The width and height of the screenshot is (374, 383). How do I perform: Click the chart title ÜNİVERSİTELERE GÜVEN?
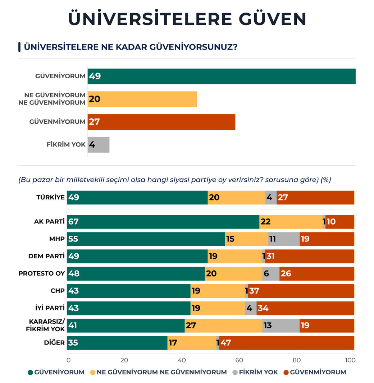click(187, 19)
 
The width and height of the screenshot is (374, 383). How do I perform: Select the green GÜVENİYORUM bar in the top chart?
click(221, 76)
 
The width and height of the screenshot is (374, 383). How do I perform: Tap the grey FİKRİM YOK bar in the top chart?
click(99, 145)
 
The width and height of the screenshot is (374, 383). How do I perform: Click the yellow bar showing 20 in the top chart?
click(142, 99)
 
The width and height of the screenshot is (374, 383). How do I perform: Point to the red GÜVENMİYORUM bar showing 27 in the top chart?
click(161, 122)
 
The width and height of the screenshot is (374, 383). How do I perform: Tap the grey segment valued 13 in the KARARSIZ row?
click(280, 326)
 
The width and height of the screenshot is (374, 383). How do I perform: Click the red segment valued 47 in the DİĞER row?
click(287, 343)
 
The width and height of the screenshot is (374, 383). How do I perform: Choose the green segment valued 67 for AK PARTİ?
click(163, 222)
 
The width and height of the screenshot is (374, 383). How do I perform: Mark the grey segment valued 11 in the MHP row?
click(284, 239)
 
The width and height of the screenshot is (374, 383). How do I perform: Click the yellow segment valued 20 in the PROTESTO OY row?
click(233, 274)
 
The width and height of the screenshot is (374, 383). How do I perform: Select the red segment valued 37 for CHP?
click(301, 291)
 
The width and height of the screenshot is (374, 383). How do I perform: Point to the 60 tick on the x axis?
click(239, 359)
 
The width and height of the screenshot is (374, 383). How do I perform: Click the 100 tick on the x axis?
click(354, 359)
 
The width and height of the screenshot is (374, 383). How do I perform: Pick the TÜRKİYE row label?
click(50, 197)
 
